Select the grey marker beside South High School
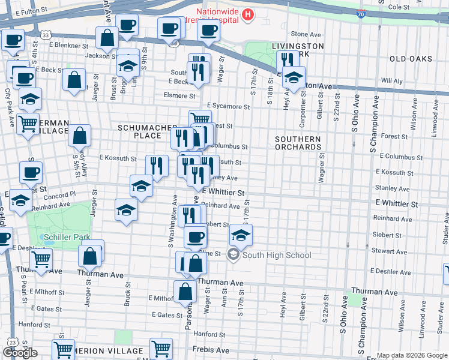pyautogui.click(x=233, y=255)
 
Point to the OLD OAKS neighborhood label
pyautogui.click(x=411, y=59)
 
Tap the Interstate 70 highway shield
pyautogui.click(x=360, y=13)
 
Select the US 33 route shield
pyautogui.click(x=46, y=35)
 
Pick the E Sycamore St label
pyautogui.click(x=228, y=107)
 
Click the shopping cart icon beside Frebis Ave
pyautogui.click(x=161, y=347)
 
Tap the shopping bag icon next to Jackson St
pyautogui.click(x=107, y=38)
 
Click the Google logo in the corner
pyautogui.click(x=20, y=353)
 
